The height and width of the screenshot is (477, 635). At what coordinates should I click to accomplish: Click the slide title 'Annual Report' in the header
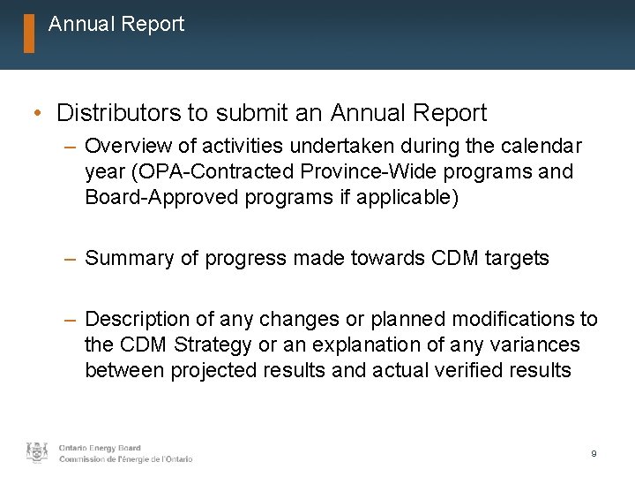click(116, 25)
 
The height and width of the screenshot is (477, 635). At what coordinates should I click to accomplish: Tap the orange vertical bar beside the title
click(29, 34)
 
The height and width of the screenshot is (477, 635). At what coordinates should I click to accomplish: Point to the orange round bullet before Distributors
click(34, 114)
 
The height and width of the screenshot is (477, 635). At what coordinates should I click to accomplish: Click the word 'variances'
click(537, 344)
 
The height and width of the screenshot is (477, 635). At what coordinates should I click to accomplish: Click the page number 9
click(594, 453)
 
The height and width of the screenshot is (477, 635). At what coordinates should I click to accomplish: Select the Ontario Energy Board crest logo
click(37, 452)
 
